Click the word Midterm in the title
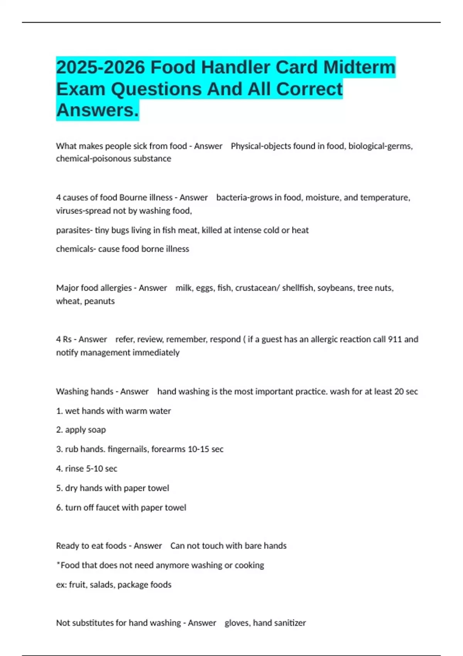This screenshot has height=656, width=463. click(x=359, y=67)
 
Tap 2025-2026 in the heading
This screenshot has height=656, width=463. click(x=100, y=67)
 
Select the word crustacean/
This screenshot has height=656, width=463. click(x=257, y=288)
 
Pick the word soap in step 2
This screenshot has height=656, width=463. click(x=96, y=430)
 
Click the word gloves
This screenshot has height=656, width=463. click(x=237, y=623)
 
